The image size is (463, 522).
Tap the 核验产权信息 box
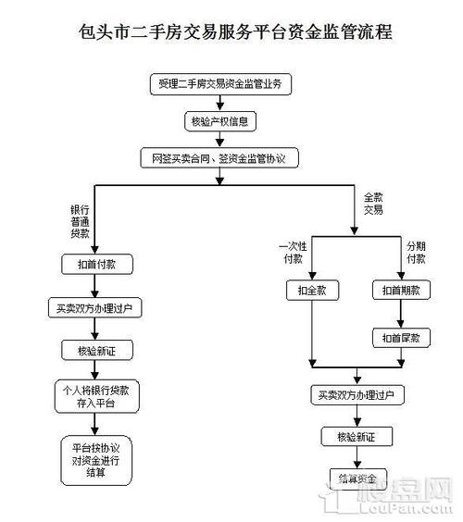tap(219, 121)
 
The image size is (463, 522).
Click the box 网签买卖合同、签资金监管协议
tap(219, 158)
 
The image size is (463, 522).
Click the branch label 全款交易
tap(373, 204)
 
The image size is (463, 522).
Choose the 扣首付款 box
tap(95, 264)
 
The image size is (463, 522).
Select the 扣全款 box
tap(312, 291)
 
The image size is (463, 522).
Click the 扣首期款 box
tap(400, 291)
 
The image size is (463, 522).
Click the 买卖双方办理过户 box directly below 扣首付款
tap(94, 307)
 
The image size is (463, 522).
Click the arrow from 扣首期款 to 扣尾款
tap(400, 314)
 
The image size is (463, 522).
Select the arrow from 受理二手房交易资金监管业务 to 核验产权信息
tap(219, 104)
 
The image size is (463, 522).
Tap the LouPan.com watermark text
tap(408, 507)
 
